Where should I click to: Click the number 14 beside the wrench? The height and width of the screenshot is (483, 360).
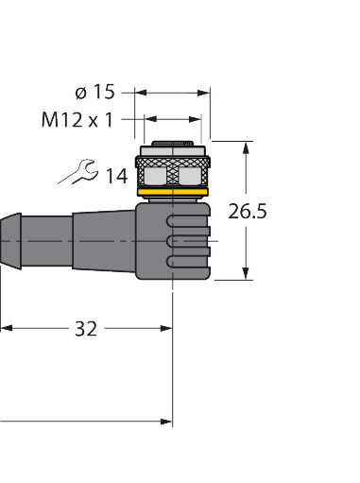[x=117, y=175]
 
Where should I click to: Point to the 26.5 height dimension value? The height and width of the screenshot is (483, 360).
[x=248, y=212]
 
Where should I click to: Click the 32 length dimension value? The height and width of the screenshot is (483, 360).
[x=87, y=329]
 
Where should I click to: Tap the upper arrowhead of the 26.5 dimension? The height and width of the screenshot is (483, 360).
[x=248, y=147]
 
